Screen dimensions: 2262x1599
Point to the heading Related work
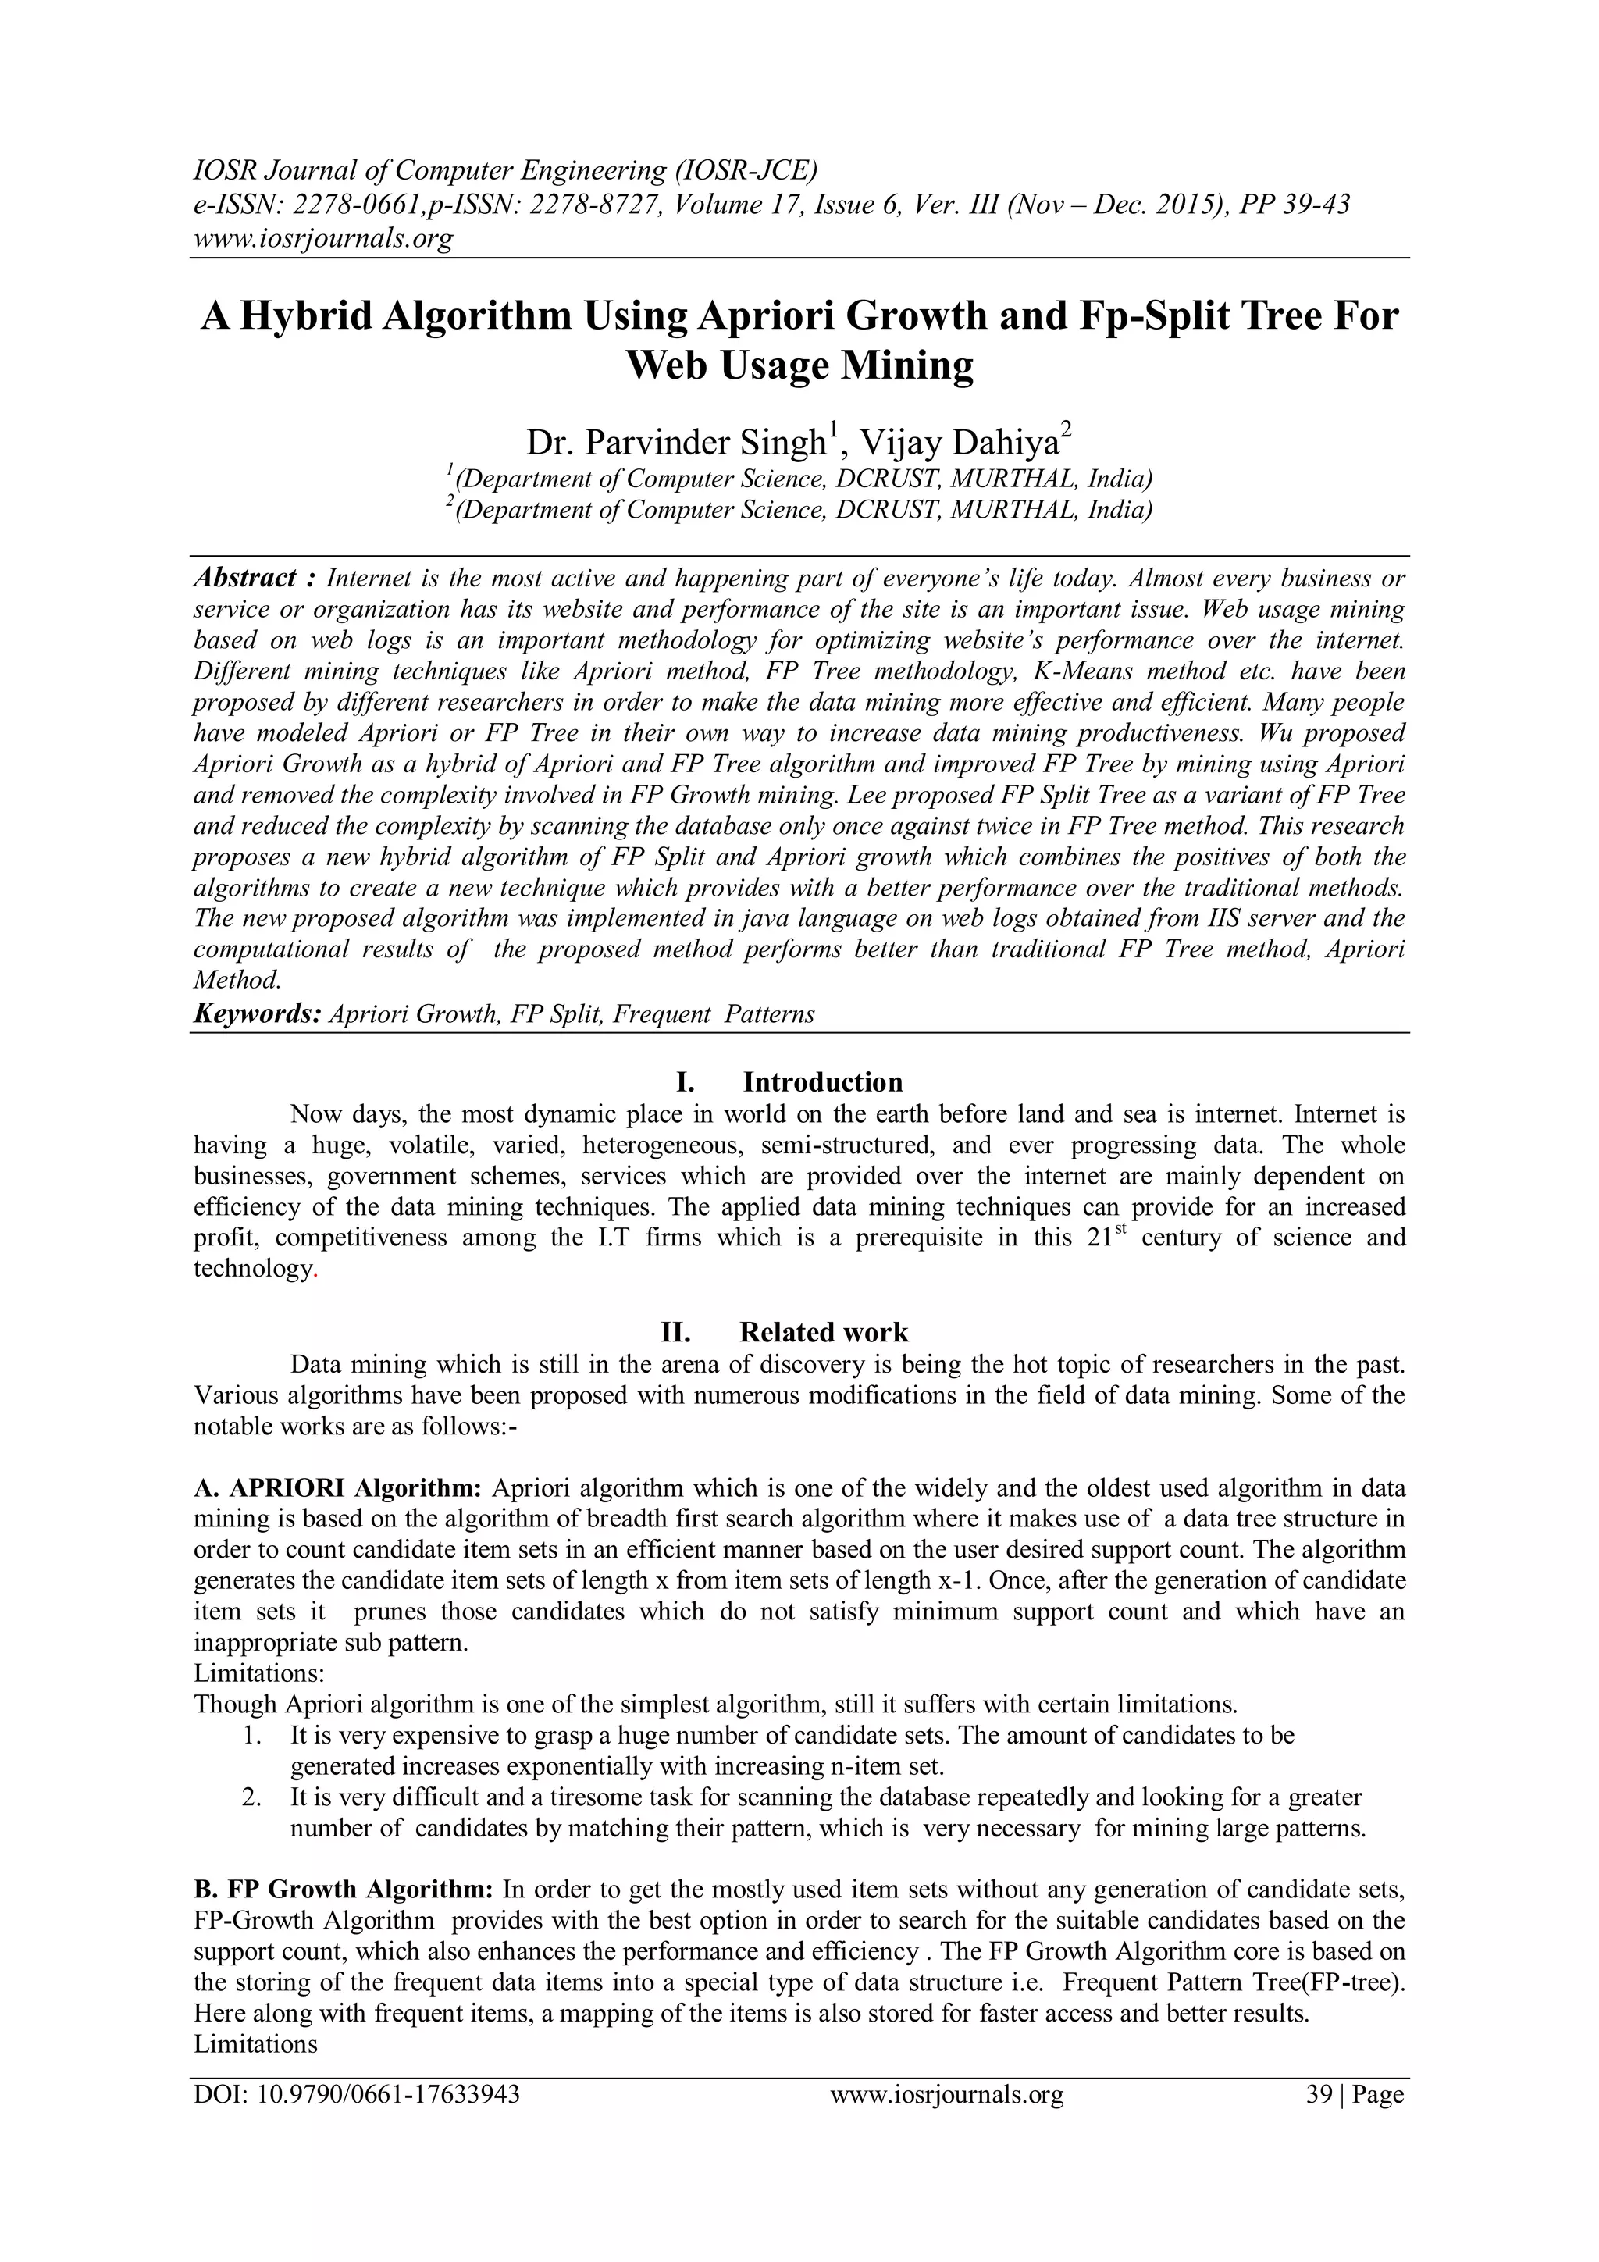[823, 1332]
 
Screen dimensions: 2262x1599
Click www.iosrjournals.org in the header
[322, 238]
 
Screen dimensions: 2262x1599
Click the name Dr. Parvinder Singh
[678, 443]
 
